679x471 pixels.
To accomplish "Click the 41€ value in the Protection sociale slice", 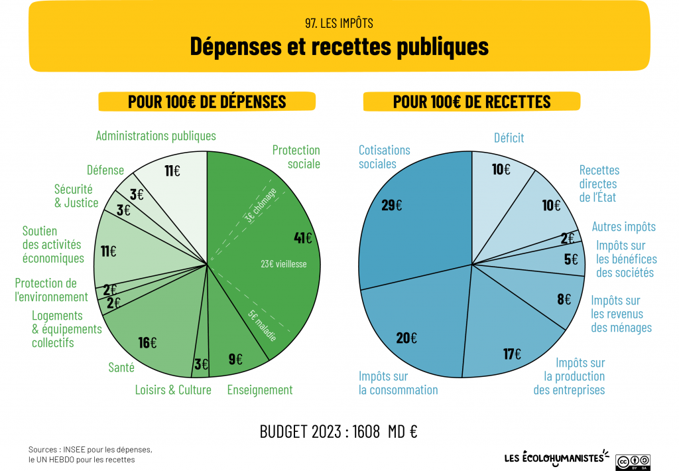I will [x=303, y=237].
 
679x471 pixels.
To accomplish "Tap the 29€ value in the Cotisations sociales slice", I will [x=391, y=205].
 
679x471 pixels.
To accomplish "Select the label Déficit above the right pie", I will [x=509, y=138].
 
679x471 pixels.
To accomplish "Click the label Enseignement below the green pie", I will [x=259, y=390].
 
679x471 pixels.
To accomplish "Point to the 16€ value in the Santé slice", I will [x=147, y=342].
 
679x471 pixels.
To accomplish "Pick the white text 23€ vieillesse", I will [x=284, y=264].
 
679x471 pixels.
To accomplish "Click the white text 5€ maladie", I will [x=263, y=326].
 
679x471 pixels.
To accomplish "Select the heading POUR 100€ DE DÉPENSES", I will [x=207, y=101].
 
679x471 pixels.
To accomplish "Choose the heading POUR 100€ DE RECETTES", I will [x=471, y=101].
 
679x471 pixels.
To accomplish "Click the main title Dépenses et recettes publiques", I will [x=339, y=46].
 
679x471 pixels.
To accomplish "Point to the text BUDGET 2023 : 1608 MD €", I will [x=338, y=432].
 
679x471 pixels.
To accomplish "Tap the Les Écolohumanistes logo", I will [x=556, y=457].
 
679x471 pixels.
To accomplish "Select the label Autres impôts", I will [x=623, y=227].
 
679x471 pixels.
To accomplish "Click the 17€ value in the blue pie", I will [x=512, y=354].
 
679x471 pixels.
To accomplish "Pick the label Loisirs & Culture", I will [x=173, y=390].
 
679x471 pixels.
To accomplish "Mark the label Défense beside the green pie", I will [x=105, y=170].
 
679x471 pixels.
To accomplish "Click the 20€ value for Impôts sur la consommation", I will [x=406, y=338].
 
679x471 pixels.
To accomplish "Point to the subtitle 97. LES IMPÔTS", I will [x=339, y=23].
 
